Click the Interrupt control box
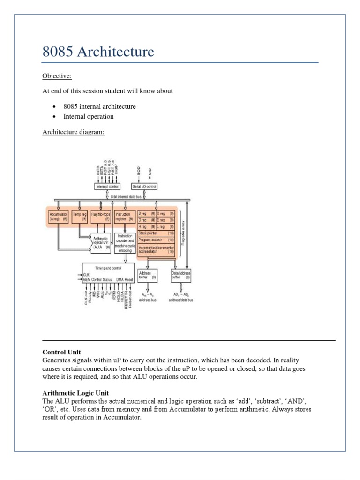(107, 186)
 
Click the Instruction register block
(125, 217)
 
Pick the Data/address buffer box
(180, 275)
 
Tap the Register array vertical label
(183, 232)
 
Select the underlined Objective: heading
(57, 76)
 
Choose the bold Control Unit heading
(61, 352)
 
